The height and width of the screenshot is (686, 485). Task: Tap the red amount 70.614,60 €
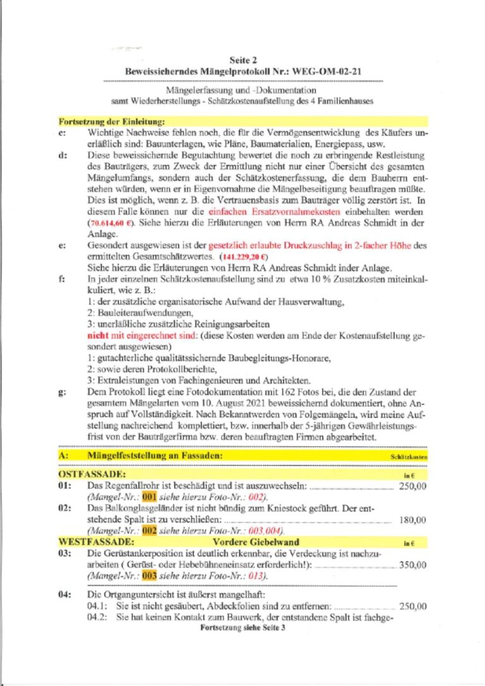111,224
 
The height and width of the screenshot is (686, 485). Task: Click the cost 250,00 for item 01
412,486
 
